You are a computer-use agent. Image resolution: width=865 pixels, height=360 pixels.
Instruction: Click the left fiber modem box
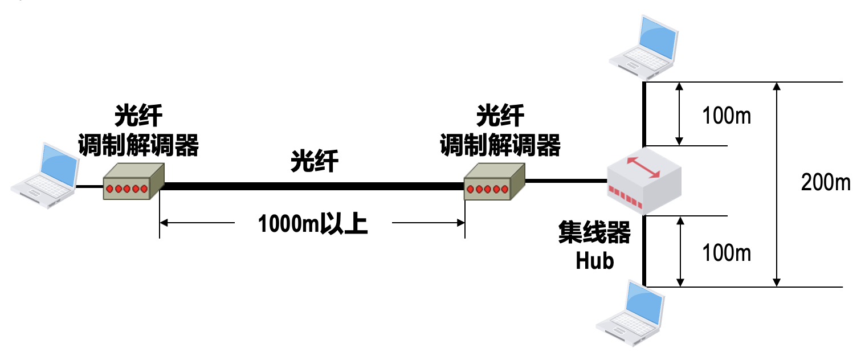[133, 181]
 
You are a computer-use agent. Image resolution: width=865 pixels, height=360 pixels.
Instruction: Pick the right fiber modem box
[493, 182]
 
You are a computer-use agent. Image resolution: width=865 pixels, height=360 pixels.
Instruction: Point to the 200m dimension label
[825, 183]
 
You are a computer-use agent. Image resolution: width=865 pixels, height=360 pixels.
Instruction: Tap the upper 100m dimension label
[727, 116]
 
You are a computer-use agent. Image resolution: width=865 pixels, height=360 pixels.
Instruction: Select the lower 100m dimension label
[727, 252]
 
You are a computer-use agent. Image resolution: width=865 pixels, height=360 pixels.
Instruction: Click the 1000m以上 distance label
[313, 224]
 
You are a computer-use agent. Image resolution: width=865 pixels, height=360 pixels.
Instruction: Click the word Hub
[594, 260]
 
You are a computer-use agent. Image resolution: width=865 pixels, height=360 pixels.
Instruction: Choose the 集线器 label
[594, 234]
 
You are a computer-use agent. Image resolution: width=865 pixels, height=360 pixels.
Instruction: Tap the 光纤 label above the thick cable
[315, 161]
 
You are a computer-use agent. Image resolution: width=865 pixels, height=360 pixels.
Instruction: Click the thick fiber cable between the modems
[313, 186]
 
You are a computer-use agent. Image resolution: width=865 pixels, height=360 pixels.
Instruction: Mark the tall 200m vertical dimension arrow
[775, 183]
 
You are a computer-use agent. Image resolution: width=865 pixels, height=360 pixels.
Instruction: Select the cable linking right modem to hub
[565, 181]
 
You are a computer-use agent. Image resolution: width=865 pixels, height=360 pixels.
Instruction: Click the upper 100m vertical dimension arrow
[679, 113]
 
